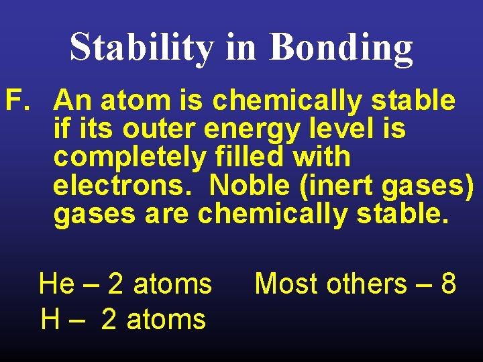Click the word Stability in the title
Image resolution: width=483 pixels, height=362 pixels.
[142, 47]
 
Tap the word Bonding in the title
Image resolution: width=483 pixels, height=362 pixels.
[341, 47]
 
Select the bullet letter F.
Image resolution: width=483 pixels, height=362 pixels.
[18, 101]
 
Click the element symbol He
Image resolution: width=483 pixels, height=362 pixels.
[57, 284]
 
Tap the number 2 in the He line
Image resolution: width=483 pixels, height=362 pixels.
[115, 284]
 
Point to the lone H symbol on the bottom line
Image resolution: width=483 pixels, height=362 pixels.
[50, 319]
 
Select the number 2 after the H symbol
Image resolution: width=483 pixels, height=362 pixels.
[109, 319]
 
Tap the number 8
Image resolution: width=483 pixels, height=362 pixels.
[448, 284]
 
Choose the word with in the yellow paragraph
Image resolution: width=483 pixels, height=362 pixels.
[326, 157]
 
